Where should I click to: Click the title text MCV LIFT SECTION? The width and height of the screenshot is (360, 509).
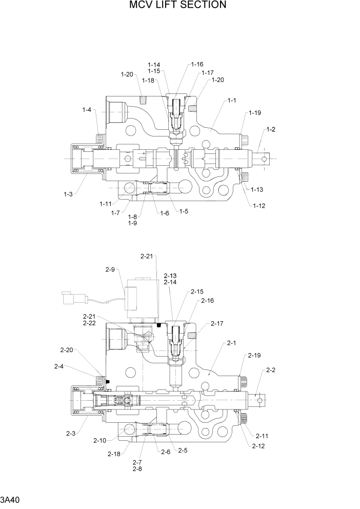point(177,5)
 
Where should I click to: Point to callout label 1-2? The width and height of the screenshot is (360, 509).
point(271,129)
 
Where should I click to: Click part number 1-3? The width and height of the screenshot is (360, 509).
point(68,194)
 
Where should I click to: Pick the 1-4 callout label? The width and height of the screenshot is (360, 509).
point(87,109)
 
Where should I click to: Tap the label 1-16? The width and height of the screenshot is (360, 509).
point(197,65)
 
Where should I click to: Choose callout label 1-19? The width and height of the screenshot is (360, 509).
point(255,112)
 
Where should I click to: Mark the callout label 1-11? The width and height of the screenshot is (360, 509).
point(106,204)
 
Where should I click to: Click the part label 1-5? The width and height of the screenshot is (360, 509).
point(183,211)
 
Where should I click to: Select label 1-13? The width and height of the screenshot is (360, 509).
point(257,190)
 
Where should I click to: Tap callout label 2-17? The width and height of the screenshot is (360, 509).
point(217,324)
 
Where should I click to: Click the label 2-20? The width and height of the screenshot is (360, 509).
point(66,350)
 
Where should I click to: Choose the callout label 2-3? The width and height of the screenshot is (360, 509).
point(71,434)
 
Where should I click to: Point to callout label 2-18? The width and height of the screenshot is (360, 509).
point(114,454)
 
